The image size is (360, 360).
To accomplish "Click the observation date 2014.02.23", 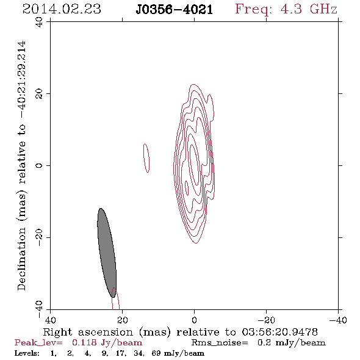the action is coord(62,9).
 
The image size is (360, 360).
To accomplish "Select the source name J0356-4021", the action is coord(174,10).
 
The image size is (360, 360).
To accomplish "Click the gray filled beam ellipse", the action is coord(107,253).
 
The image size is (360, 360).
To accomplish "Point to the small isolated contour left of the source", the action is coord(146,158).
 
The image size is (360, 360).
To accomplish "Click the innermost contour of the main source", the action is coord(194,165).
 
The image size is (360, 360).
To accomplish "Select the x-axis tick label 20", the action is coord(122,320).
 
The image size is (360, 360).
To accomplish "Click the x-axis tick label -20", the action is coord(266,320).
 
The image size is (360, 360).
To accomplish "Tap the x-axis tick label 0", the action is coord(194,320).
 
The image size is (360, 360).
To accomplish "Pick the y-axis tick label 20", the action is coord(39,94).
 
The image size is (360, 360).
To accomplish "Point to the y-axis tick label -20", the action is coord(39,237).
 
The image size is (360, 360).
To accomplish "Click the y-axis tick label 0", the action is coord(39,165).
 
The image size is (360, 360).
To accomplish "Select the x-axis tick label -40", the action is coord(338,320).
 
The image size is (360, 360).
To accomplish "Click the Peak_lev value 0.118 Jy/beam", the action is coord(107,343).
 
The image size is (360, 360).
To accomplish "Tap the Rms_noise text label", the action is coord(220,343).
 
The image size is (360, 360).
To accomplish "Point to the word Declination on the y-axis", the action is coord(21,259).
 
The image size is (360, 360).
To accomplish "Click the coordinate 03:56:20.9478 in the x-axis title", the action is coord(279,332).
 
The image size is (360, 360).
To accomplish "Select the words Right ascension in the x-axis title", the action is coord(88,332).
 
